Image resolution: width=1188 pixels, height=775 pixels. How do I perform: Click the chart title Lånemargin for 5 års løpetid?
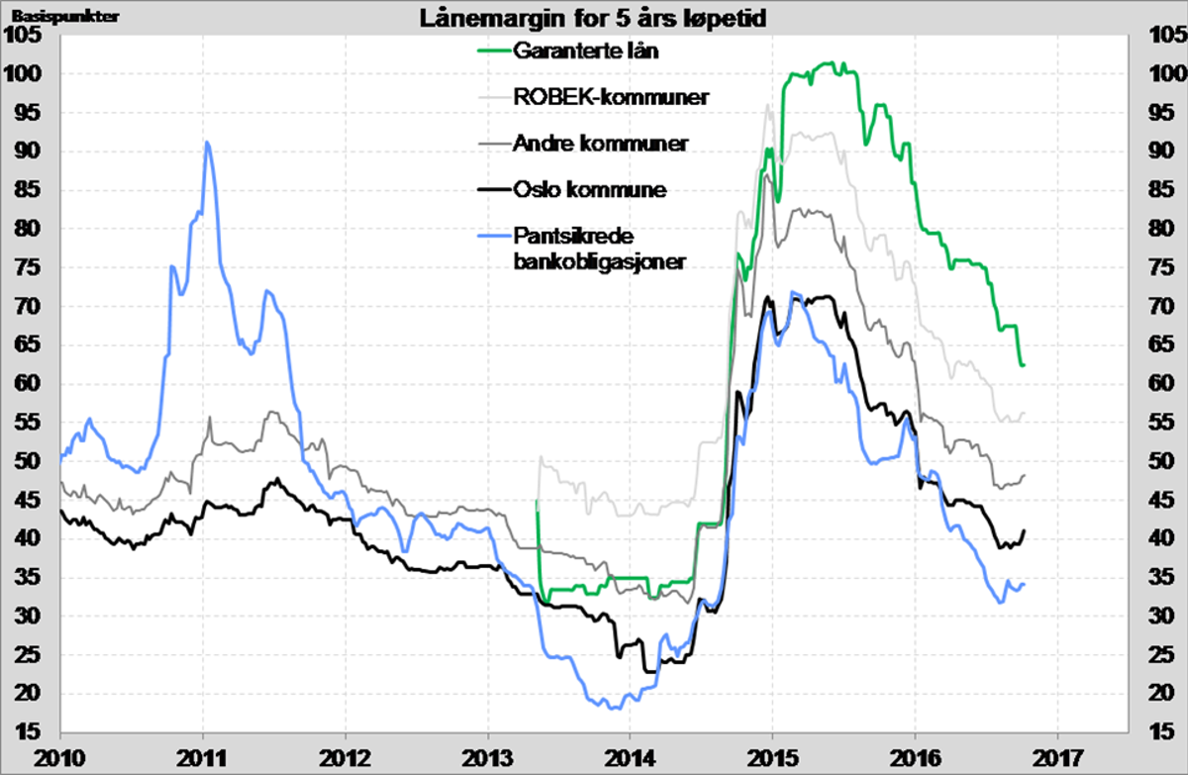click(x=593, y=17)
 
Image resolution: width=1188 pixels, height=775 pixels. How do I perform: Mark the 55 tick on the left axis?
click(x=28, y=423)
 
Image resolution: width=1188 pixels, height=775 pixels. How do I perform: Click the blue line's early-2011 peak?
click(x=206, y=143)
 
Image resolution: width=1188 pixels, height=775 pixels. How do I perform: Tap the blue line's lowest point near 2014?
click(x=615, y=708)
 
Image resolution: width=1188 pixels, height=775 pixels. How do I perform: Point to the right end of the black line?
click(x=1024, y=531)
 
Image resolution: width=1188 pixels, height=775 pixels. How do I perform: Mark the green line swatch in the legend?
click(x=493, y=50)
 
